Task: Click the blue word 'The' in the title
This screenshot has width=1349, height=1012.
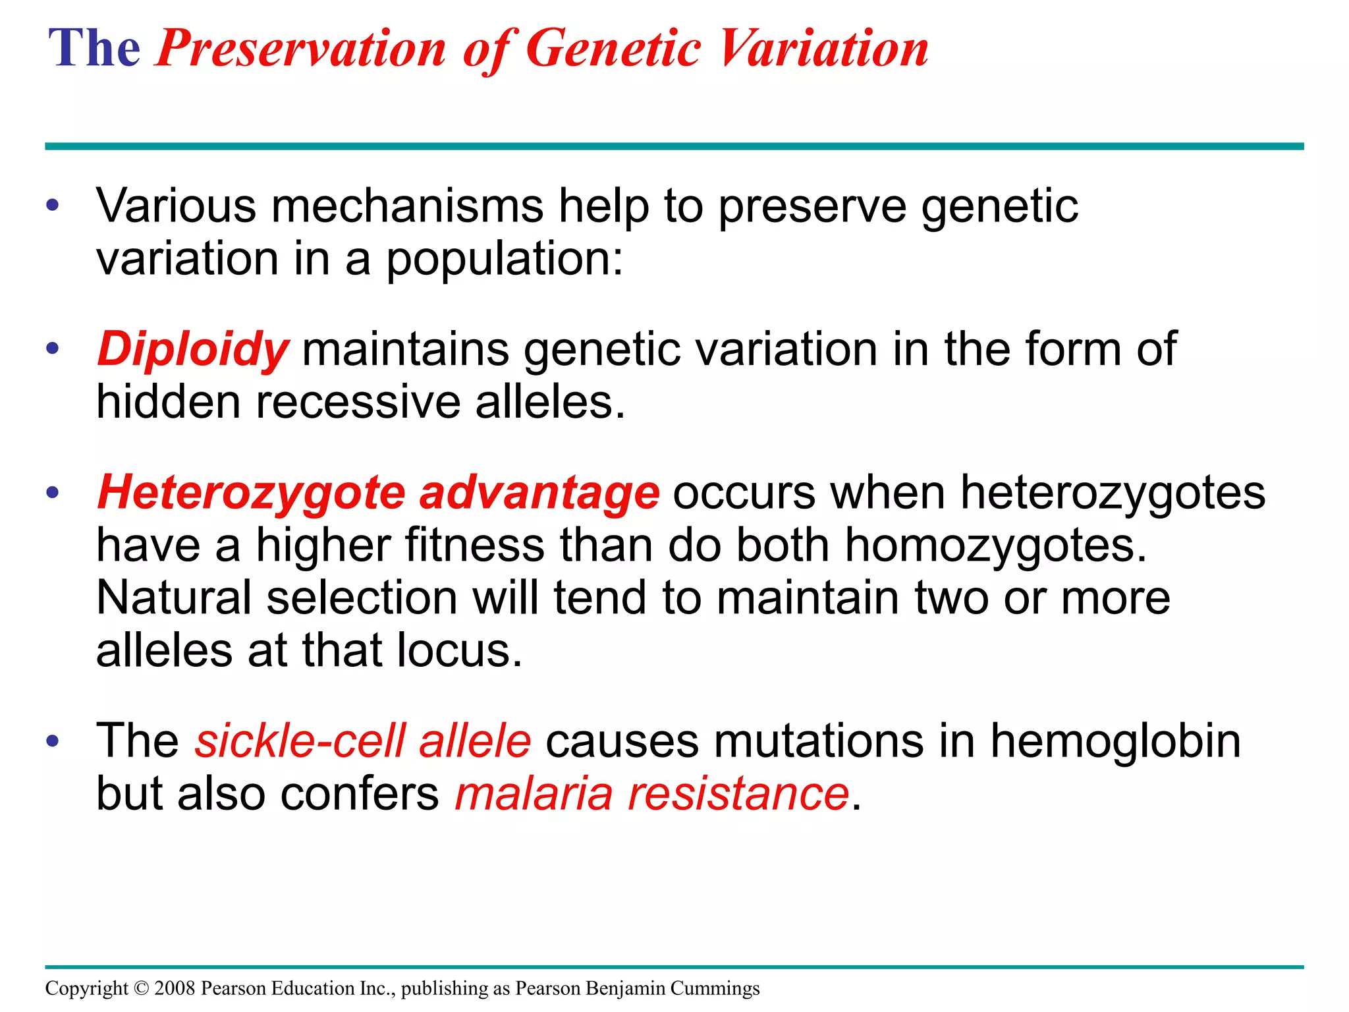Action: tap(94, 49)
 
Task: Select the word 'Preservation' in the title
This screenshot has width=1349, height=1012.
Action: tap(301, 49)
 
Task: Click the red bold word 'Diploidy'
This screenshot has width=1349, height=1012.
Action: tap(192, 349)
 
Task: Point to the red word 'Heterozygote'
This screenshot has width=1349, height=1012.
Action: tap(251, 493)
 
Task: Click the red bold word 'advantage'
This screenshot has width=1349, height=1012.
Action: tap(539, 493)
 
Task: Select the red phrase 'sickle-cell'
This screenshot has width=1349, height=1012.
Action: tap(299, 741)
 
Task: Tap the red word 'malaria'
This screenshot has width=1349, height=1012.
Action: tap(534, 793)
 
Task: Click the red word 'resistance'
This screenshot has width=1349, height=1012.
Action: tap(738, 793)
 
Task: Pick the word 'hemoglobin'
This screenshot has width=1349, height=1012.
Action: tap(1115, 741)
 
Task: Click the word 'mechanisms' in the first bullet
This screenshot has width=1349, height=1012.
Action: tap(406, 206)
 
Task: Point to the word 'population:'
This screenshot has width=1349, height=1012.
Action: tap(504, 259)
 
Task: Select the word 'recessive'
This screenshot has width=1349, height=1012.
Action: tap(358, 402)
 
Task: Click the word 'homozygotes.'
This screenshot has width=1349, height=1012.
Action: tap(995, 546)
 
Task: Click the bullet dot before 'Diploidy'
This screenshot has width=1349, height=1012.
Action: tap(53, 349)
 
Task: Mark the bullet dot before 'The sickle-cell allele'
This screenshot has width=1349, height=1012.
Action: tap(53, 741)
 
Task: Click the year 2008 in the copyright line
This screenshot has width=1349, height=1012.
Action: tap(175, 988)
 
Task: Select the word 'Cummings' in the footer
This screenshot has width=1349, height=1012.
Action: tap(715, 988)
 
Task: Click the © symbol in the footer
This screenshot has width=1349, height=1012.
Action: tap(141, 988)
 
